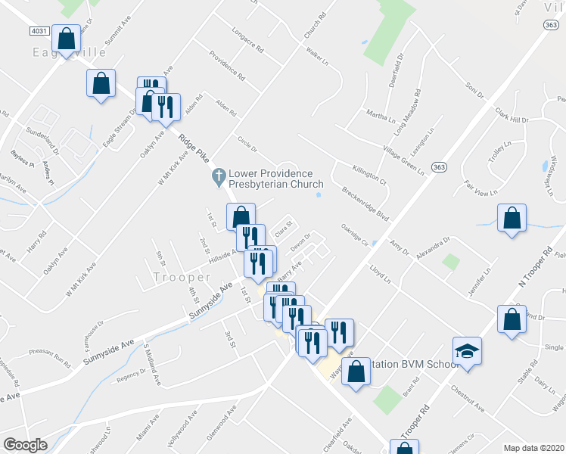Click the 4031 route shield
click(42, 31)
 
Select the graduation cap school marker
click(467, 351)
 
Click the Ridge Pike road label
click(194, 151)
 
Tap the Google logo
click(25, 445)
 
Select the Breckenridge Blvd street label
click(365, 204)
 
